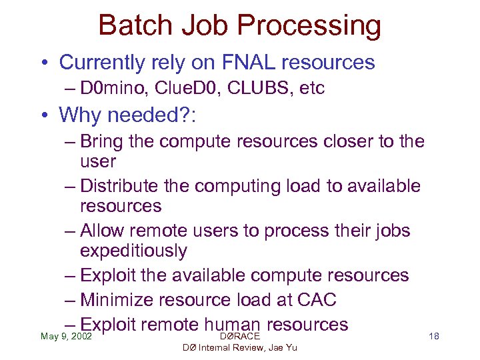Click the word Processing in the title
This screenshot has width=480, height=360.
(x=309, y=25)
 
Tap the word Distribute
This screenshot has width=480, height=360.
(x=123, y=186)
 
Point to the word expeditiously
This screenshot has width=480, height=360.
(x=133, y=251)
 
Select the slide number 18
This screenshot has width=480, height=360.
(x=433, y=336)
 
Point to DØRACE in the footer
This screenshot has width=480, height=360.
(x=239, y=336)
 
